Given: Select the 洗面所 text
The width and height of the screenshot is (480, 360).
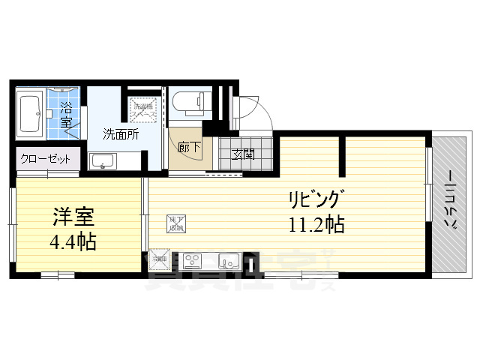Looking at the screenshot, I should point(120,135).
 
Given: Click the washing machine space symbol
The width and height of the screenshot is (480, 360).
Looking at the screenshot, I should point(143,109).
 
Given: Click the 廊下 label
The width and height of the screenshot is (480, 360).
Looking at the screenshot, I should point(188,148).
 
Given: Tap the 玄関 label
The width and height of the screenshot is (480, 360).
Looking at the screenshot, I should point(241,155).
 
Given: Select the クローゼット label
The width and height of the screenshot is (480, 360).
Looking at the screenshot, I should point(46,159).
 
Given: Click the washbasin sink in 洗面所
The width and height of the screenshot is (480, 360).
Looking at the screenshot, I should point(102,160).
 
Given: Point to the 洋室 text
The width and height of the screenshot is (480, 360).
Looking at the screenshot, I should point(72,218).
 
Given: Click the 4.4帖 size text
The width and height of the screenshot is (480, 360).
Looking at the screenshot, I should point(72,243).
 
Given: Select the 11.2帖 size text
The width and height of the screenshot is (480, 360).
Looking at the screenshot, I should point(315,224).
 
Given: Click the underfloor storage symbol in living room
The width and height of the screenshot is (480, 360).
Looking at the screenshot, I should point(175,223).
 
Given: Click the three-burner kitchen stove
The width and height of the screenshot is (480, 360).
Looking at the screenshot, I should point(193,261).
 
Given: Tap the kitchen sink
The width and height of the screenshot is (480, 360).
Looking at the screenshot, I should point(228,261).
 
